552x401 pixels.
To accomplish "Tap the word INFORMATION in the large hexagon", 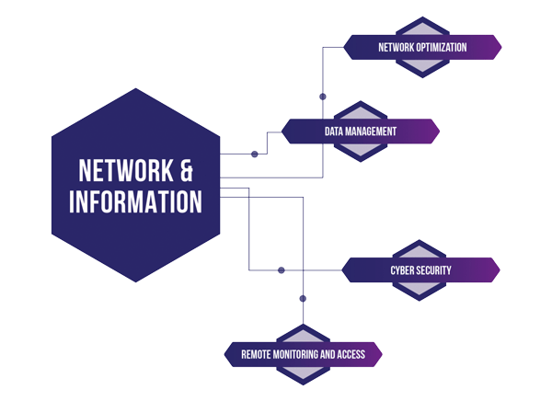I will pos(135,200).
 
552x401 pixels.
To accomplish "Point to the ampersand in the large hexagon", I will pos(186,170).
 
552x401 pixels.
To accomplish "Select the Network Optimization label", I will pos(422,47).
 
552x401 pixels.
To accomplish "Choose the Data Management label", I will pos(361,132).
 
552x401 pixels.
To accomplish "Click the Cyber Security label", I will pos(421,269).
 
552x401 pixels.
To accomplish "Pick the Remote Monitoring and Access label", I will pos(303,354).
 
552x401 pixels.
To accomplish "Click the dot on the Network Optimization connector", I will pos(322,96).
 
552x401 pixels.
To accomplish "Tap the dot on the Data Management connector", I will pos(255,154).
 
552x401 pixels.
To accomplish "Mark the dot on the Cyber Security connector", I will pos(282,269).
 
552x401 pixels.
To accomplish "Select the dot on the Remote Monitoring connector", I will pos(303,297).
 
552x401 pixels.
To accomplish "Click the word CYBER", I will pos(401,269).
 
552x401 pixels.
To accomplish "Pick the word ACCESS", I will pos(351,354).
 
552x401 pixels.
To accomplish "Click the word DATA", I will pos(334,132).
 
